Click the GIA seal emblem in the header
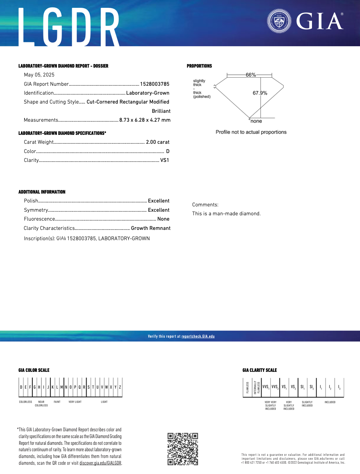[279, 21]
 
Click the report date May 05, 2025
[39, 75]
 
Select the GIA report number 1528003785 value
[155, 84]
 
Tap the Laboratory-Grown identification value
[148, 93]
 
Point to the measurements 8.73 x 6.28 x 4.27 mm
[145, 120]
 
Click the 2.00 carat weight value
[158, 142]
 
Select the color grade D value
[168, 151]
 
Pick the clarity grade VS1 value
[165, 160]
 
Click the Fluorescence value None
[163, 219]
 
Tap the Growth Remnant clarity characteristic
[151, 228]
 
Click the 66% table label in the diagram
[250, 75]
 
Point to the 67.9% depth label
[260, 93]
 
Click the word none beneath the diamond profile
[256, 121]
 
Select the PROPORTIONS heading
[199, 66]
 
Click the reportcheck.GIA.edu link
[198, 336]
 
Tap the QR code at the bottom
[183, 449]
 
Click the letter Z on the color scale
[120, 387]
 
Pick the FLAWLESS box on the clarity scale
[247, 388]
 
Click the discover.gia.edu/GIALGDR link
[100, 463]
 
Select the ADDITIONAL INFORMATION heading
[42, 192]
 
